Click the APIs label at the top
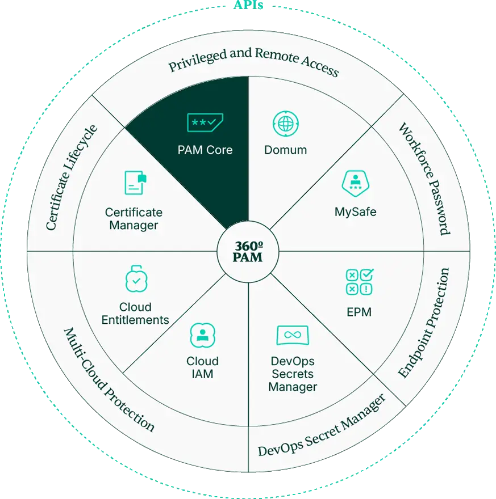[248, 5]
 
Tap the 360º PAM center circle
[248, 251]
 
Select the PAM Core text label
[205, 150]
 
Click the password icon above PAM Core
[205, 122]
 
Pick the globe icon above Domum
[286, 124]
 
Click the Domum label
[286, 150]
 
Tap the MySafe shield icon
[356, 183]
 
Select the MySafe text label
[356, 212]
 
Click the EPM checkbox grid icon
[359, 282]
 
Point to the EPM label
[359, 312]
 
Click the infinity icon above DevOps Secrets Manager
[293, 335]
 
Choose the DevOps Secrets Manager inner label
[293, 374]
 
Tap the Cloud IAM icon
[202, 335]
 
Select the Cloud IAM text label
[202, 367]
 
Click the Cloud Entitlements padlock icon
[136, 278]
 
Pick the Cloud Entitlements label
[135, 314]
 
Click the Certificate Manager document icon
[135, 183]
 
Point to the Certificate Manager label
[134, 219]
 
